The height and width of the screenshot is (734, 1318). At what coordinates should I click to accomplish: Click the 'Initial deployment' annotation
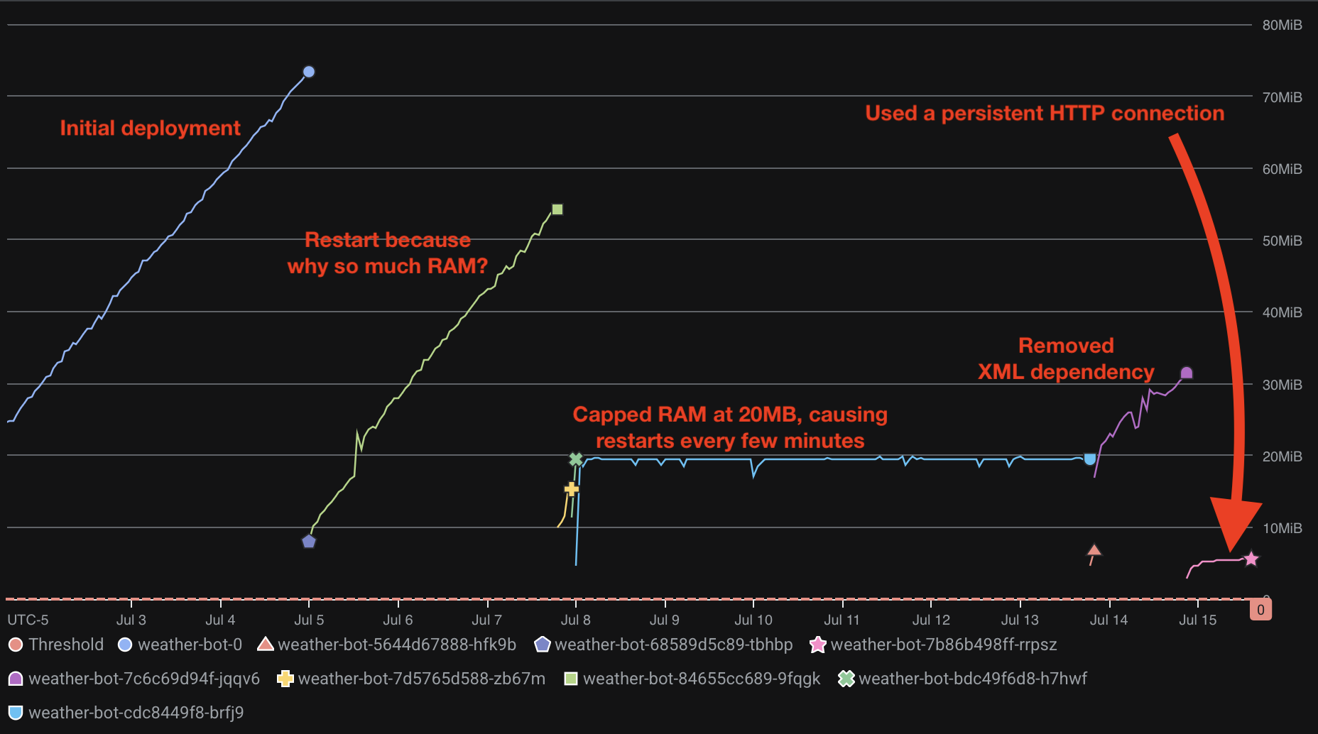click(x=150, y=128)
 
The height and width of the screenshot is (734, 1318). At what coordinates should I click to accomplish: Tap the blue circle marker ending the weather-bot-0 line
click(x=309, y=72)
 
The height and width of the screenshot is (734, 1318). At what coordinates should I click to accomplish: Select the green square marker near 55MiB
click(x=557, y=209)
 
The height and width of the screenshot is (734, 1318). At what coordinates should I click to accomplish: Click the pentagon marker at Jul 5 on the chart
click(x=309, y=542)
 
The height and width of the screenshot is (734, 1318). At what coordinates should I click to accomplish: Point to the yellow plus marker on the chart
click(x=571, y=489)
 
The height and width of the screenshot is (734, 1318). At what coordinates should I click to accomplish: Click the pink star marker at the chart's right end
click(x=1251, y=559)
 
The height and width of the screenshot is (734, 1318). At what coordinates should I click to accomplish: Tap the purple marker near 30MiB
click(x=1187, y=373)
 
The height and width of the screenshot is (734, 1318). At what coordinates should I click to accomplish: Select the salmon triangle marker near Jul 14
click(x=1094, y=550)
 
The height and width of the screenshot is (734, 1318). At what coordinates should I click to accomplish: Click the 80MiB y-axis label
click(x=1282, y=25)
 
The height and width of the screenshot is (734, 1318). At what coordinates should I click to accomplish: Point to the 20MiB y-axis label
click(x=1282, y=456)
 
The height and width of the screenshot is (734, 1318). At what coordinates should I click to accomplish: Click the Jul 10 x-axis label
click(x=753, y=620)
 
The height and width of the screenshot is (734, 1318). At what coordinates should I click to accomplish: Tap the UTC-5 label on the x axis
click(x=28, y=620)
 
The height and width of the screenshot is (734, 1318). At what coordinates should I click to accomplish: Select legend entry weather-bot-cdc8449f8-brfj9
click(x=136, y=713)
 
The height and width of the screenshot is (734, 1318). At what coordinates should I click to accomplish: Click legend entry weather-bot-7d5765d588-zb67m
click(x=421, y=679)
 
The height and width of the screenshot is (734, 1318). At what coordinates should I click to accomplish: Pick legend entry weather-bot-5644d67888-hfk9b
click(x=396, y=645)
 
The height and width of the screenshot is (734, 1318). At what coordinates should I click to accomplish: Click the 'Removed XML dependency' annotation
click(x=1066, y=358)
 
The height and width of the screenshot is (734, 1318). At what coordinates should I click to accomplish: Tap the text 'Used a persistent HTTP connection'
click(x=1045, y=114)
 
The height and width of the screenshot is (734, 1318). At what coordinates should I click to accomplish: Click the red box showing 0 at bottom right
click(x=1260, y=610)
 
